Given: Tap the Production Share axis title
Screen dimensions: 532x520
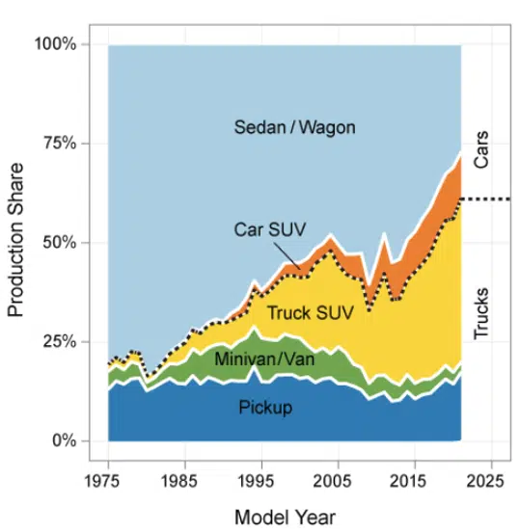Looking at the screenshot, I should [16, 243].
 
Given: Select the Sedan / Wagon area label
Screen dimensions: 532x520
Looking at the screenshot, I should [281, 126].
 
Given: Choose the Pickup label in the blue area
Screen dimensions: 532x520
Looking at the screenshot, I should [265, 408].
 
